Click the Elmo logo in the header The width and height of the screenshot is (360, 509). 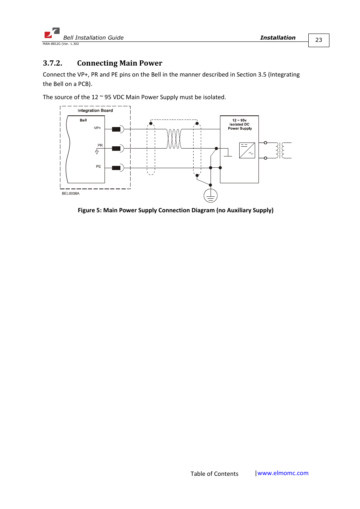(52, 33)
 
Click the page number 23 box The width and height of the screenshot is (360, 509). (318, 40)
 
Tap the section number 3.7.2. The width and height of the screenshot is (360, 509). (52, 63)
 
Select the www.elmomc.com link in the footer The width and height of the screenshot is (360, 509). (283, 473)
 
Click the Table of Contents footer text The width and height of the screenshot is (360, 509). (214, 474)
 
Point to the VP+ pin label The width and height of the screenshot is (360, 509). (97, 128)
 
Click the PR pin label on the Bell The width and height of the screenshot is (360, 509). (100, 145)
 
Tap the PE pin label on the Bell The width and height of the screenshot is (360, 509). (98, 167)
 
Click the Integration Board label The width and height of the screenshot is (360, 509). (95, 110)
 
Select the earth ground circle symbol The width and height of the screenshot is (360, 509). (211, 196)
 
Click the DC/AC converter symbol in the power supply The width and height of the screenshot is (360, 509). (247, 150)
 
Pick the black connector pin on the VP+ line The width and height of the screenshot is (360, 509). (116, 129)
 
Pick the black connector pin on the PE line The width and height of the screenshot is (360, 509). (116, 168)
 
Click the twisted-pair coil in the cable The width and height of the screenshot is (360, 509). (174, 139)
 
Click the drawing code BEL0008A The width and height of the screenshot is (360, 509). (71, 194)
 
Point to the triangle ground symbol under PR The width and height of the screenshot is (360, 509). (97, 152)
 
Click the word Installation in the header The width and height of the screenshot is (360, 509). (278, 38)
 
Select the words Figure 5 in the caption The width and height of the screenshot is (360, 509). (89, 210)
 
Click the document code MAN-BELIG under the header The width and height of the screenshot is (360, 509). (52, 44)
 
